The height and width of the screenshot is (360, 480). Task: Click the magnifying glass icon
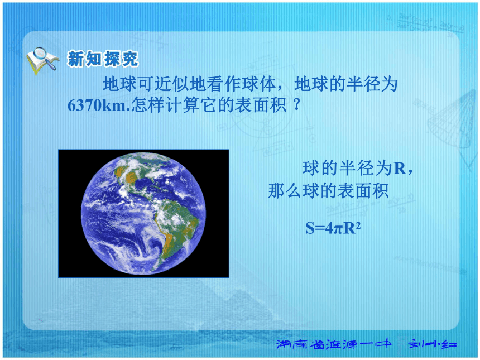[x=43, y=56]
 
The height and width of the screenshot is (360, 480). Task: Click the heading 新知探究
[x=103, y=59]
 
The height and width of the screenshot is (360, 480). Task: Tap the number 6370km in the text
[x=97, y=105]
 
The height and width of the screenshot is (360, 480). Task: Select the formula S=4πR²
[x=333, y=228]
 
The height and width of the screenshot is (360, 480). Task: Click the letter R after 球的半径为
[x=400, y=168]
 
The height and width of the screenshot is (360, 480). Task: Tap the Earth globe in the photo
[x=143, y=213]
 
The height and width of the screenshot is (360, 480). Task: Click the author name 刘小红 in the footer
[x=432, y=344]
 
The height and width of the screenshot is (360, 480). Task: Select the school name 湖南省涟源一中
[x=334, y=344]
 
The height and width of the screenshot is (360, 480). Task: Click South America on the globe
[x=175, y=227]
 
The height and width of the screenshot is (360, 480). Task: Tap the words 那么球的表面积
[x=328, y=191]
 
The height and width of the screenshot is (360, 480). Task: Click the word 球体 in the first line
[x=260, y=84]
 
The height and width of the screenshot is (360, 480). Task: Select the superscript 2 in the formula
[x=358, y=224]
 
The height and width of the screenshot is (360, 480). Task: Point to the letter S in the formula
[x=310, y=228]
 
